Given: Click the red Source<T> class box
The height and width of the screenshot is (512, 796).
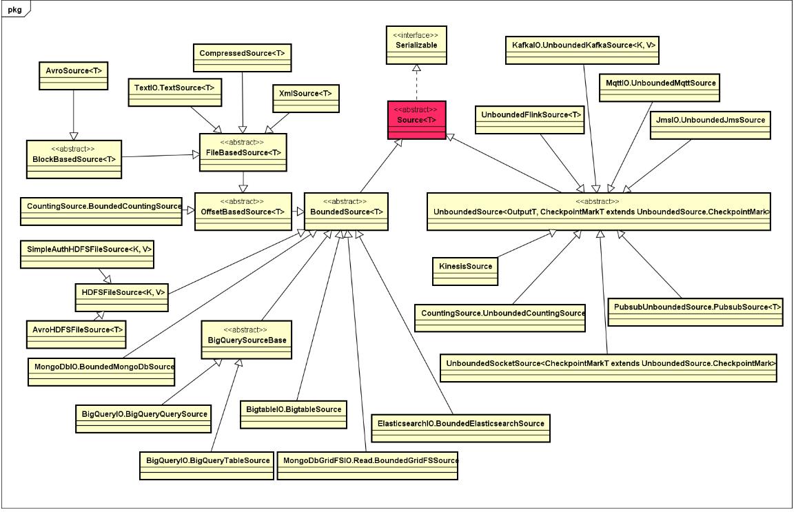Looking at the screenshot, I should pyautogui.click(x=416, y=119).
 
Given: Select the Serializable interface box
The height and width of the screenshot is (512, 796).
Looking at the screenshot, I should pyautogui.click(x=416, y=45).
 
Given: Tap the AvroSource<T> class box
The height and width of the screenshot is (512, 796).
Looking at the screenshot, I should pyautogui.click(x=73, y=76).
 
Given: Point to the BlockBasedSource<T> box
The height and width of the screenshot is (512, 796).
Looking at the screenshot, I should pyautogui.click(x=73, y=159).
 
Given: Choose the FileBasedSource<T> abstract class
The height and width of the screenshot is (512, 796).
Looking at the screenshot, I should pyautogui.click(x=242, y=152).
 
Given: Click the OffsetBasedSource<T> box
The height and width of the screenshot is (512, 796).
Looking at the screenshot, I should pyautogui.click(x=242, y=211).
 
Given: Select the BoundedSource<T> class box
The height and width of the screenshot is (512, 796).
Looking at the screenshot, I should pyautogui.click(x=347, y=211).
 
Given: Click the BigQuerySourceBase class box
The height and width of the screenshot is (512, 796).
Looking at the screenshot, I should pyautogui.click(x=243, y=340).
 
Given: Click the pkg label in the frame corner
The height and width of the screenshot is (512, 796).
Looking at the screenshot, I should pyautogui.click(x=14, y=9).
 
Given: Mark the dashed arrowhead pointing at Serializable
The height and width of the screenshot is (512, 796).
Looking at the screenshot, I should pyautogui.click(x=416, y=69).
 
